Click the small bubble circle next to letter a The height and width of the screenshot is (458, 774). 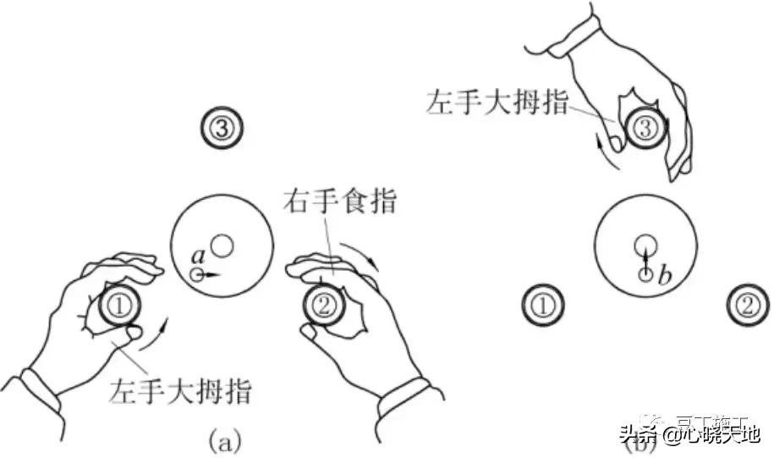[197, 274]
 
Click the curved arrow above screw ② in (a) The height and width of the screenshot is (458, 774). [365, 254]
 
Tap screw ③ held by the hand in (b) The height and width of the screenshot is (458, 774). [644, 130]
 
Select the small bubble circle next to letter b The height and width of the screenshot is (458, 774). [645, 274]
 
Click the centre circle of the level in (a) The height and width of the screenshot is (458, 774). [222, 246]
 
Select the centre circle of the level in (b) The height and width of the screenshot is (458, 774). [645, 245]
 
